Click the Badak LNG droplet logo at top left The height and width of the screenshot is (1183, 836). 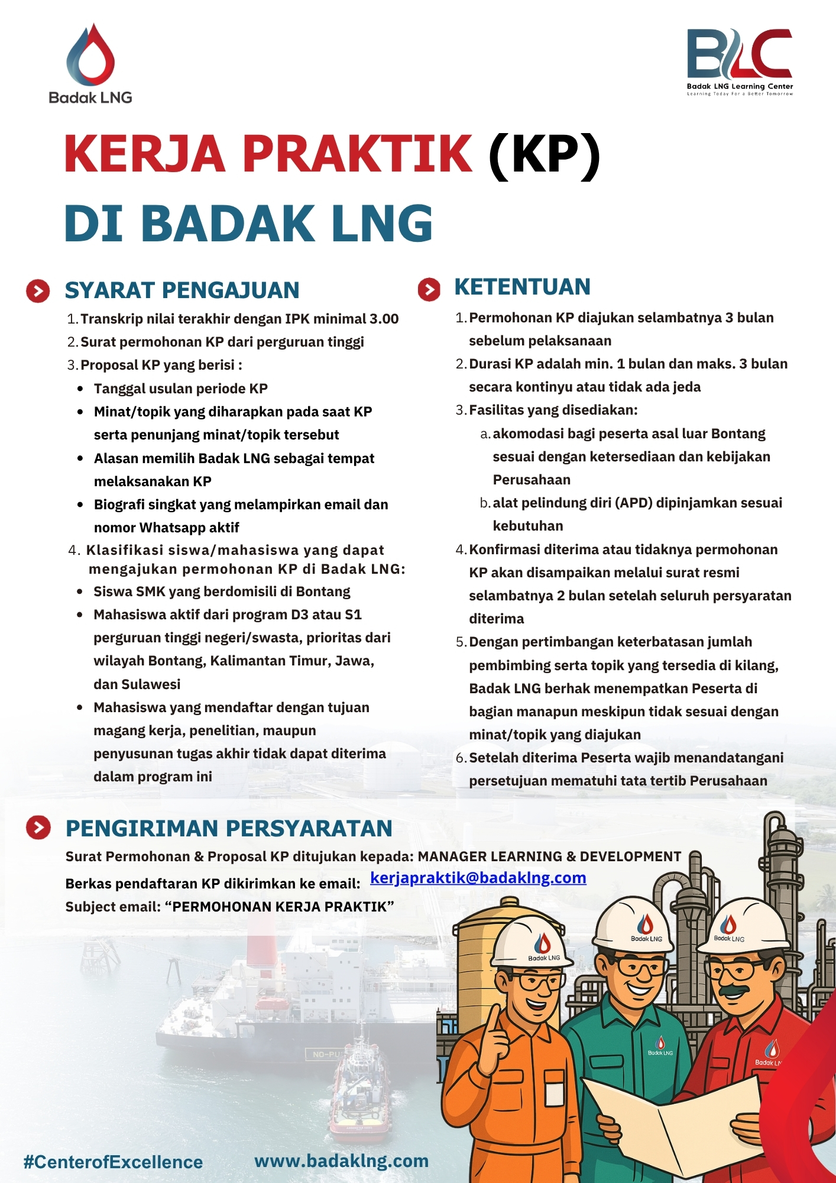[x=90, y=54]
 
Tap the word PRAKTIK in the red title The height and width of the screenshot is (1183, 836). [x=357, y=154]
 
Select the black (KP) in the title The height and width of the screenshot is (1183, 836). [x=544, y=154]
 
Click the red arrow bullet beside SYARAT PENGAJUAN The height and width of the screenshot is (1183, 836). [x=38, y=291]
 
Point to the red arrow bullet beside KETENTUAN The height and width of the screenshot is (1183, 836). [x=429, y=289]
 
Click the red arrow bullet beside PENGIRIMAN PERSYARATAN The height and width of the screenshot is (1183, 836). [x=38, y=828]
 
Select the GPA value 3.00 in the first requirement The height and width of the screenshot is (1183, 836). [x=384, y=319]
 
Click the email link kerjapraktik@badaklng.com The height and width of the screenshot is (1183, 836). [x=478, y=878]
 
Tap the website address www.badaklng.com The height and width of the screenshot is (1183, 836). [x=341, y=1161]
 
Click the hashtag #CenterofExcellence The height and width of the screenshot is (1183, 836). [x=113, y=1162]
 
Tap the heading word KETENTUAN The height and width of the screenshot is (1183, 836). [x=522, y=287]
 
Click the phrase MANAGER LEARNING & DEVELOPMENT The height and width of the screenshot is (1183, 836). [x=549, y=856]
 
